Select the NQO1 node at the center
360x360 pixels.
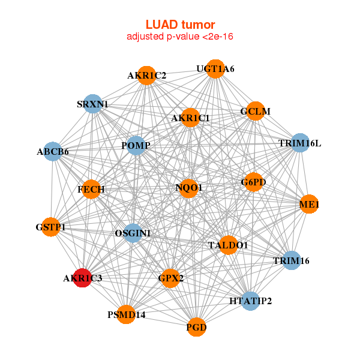(x=188, y=188)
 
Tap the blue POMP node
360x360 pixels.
(x=135, y=146)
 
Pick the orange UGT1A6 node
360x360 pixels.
(x=215, y=69)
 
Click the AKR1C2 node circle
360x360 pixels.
(x=147, y=76)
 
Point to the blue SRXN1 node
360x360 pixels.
(x=92, y=104)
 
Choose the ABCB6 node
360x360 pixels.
(x=53, y=152)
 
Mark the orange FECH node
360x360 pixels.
(x=91, y=190)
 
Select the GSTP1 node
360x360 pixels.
(x=50, y=227)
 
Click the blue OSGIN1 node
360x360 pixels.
(x=133, y=233)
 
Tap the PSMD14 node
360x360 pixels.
(x=126, y=314)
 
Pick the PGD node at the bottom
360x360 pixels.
(x=196, y=328)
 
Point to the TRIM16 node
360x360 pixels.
(x=291, y=260)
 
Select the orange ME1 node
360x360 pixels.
(x=308, y=205)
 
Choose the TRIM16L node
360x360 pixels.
(x=299, y=143)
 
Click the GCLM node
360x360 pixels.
(x=255, y=111)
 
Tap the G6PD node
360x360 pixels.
(x=253, y=182)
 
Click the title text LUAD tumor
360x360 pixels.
(x=180, y=25)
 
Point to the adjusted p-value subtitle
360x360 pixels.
(x=180, y=37)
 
